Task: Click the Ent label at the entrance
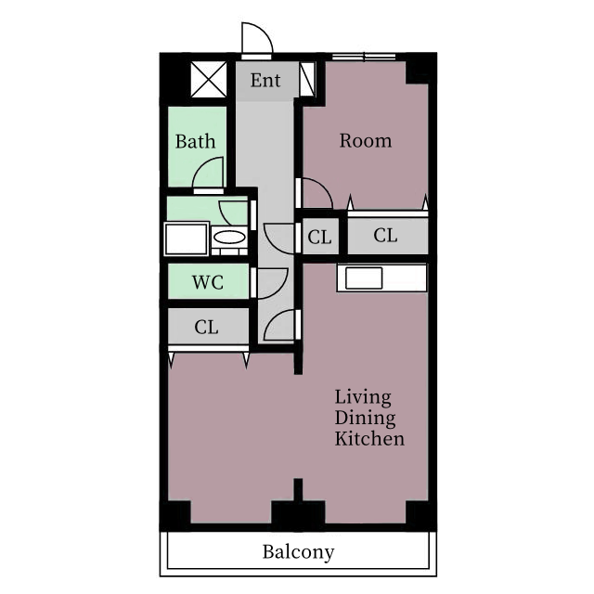point(265,81)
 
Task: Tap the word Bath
point(195,141)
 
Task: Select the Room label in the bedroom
point(365,140)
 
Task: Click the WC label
point(208,282)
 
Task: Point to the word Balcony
point(299,552)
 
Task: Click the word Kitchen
point(369,439)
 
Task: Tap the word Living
point(363,398)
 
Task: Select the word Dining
point(365,419)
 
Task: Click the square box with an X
point(208,80)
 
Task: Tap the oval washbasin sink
point(229,238)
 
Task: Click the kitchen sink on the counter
point(364,278)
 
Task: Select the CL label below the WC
point(206,327)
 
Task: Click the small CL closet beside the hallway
point(320,238)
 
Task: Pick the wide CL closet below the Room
point(388,236)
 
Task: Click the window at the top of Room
point(364,57)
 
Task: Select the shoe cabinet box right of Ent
point(307,80)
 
